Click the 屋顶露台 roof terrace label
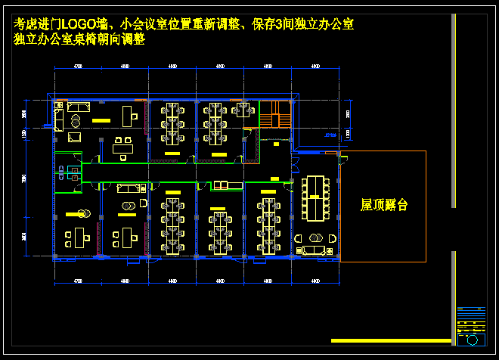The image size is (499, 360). (x=383, y=205)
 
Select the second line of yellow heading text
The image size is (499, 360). (x=79, y=40)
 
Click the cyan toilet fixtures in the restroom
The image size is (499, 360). (x=66, y=171)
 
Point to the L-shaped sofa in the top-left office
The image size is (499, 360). (x=60, y=119)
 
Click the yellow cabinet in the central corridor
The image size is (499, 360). (x=221, y=185)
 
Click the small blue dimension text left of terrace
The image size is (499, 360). (x=330, y=135)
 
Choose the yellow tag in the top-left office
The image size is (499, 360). (x=99, y=119)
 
